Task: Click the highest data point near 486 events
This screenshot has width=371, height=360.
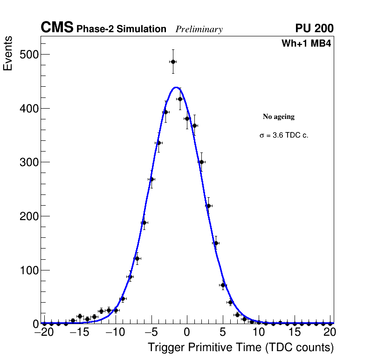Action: click(173, 62)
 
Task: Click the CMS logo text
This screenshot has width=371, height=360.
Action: click(57, 28)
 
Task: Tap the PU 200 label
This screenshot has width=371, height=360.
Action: click(314, 28)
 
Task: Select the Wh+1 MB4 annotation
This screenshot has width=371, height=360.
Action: click(306, 44)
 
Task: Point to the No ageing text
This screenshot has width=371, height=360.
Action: click(279, 117)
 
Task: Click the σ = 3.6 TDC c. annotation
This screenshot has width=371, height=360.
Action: click(284, 136)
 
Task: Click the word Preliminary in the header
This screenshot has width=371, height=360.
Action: click(199, 29)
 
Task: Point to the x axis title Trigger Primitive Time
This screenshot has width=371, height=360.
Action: click(240, 347)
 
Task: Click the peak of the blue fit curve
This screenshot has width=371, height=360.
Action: click(176, 87)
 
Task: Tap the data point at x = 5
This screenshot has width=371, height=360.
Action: click(223, 285)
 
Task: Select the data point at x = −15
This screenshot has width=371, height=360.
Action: click(80, 316)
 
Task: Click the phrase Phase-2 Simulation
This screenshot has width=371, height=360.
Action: click(121, 29)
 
